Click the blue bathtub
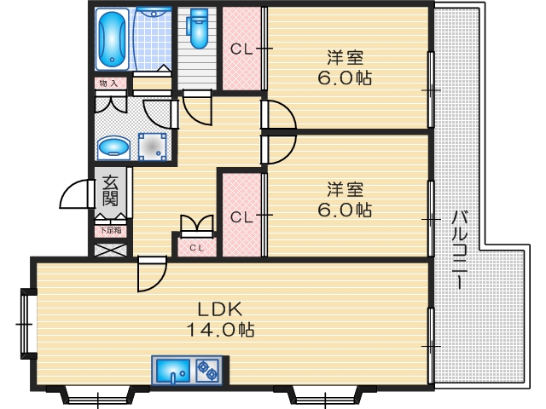(112, 40)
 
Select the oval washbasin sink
(113, 148)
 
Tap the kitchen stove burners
(207, 371)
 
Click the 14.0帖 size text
(222, 329)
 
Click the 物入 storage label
(108, 84)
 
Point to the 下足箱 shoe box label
(109, 230)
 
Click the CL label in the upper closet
(242, 49)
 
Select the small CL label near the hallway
(196, 248)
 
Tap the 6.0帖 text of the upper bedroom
(345, 78)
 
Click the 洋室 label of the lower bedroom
(345, 188)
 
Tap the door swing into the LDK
(150, 274)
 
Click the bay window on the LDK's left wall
(26, 324)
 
